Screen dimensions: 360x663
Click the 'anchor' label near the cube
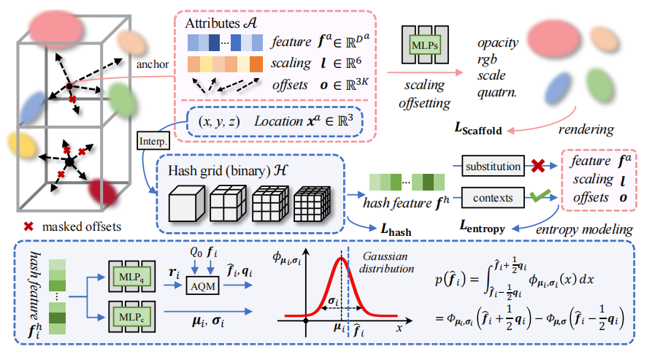point(152,64)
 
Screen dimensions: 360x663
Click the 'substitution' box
point(494,167)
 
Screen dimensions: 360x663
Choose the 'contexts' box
point(494,196)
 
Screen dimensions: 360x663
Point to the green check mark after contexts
point(540,195)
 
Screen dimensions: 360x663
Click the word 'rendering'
point(585,131)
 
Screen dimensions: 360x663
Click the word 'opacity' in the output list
point(497,42)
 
